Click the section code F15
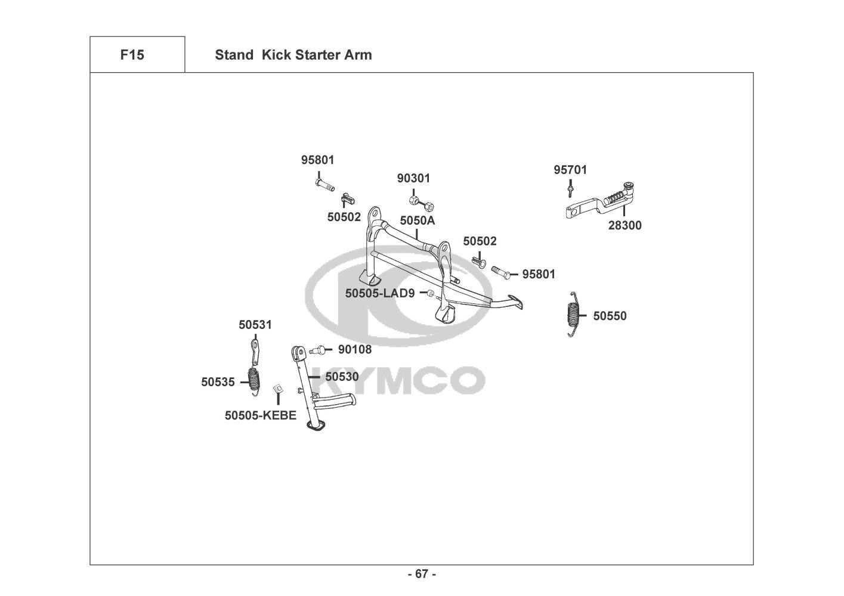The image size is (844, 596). pyautogui.click(x=132, y=55)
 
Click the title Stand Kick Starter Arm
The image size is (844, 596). pyautogui.click(x=293, y=55)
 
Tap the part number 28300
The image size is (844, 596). pyautogui.click(x=625, y=225)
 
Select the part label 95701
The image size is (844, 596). pyautogui.click(x=570, y=170)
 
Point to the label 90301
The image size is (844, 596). pyautogui.click(x=413, y=178)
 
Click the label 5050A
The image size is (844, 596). pyautogui.click(x=417, y=221)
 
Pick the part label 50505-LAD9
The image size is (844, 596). pyautogui.click(x=379, y=293)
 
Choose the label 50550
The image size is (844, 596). pyautogui.click(x=610, y=316)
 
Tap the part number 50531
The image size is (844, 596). pyautogui.click(x=255, y=325)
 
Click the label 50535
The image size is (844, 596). pyautogui.click(x=218, y=383)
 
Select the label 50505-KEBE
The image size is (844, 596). pyautogui.click(x=260, y=415)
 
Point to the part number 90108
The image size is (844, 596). pyautogui.click(x=354, y=349)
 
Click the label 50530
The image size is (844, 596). pyautogui.click(x=342, y=377)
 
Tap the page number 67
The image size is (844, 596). pyautogui.click(x=421, y=574)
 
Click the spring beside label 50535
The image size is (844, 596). pyautogui.click(x=255, y=378)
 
